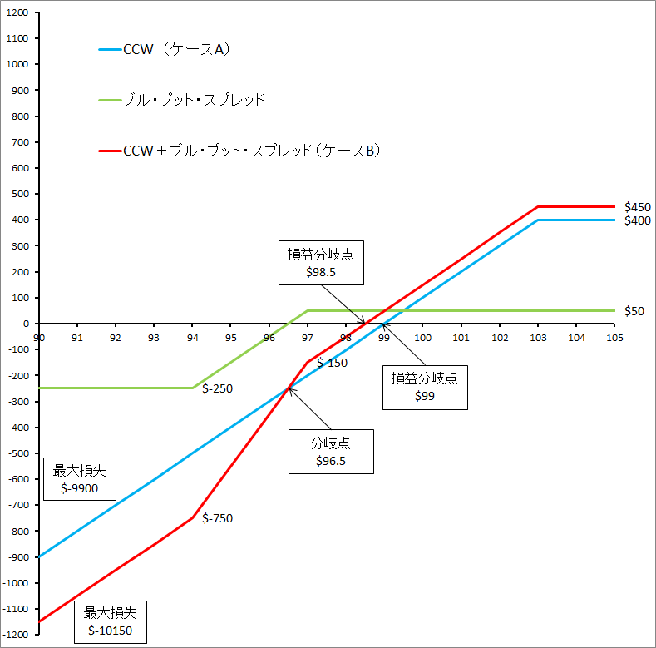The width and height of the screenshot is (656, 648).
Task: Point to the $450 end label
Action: click(x=637, y=207)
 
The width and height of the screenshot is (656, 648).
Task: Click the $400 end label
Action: click(x=637, y=221)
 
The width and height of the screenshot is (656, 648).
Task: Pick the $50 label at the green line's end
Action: click(x=634, y=310)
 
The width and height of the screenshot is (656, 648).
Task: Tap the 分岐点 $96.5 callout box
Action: click(x=330, y=452)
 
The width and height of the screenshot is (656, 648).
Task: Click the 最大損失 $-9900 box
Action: click(x=80, y=479)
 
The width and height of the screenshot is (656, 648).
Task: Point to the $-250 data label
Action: click(x=217, y=388)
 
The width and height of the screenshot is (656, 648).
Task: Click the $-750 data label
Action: click(x=217, y=518)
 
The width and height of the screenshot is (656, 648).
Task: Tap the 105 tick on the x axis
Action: click(x=614, y=338)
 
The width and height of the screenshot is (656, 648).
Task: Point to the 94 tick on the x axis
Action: click(x=192, y=338)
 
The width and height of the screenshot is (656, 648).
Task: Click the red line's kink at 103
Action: click(x=538, y=206)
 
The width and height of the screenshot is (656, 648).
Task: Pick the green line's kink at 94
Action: click(x=192, y=388)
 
